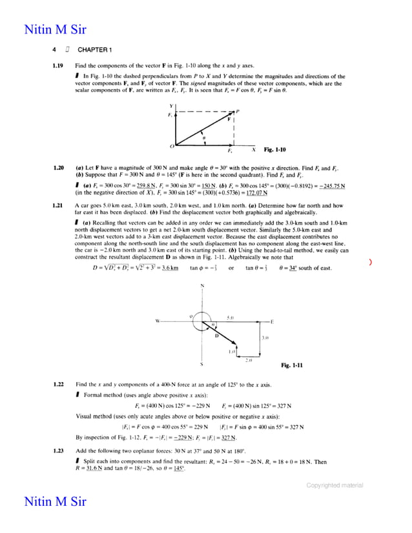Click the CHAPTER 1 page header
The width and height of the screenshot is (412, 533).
point(95,49)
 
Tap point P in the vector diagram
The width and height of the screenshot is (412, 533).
point(237,109)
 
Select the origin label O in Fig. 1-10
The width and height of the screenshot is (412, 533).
point(171,145)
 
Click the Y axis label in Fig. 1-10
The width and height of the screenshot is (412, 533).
point(171,105)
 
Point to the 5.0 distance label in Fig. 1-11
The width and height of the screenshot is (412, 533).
point(230,317)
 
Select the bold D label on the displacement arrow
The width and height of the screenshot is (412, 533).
point(216,336)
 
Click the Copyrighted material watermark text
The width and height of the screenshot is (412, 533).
point(335,485)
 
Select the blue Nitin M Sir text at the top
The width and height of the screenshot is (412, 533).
point(55,29)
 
